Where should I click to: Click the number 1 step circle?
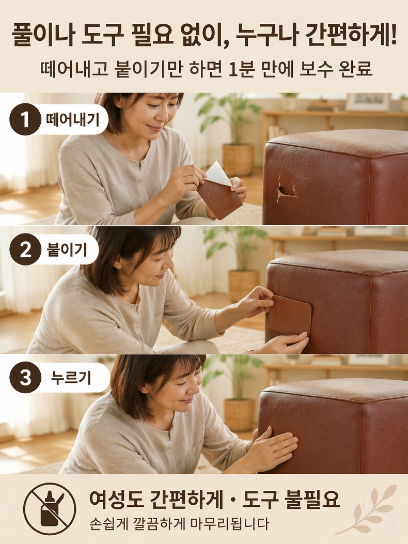25,120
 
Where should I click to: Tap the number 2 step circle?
25,250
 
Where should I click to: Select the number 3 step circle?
25,378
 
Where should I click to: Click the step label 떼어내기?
72,120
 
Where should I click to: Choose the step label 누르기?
71,378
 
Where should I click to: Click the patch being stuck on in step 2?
289,316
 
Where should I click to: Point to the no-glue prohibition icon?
50,509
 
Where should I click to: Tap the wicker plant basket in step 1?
238,160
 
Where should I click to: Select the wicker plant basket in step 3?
239,415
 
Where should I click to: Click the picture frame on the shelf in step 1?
368,102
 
